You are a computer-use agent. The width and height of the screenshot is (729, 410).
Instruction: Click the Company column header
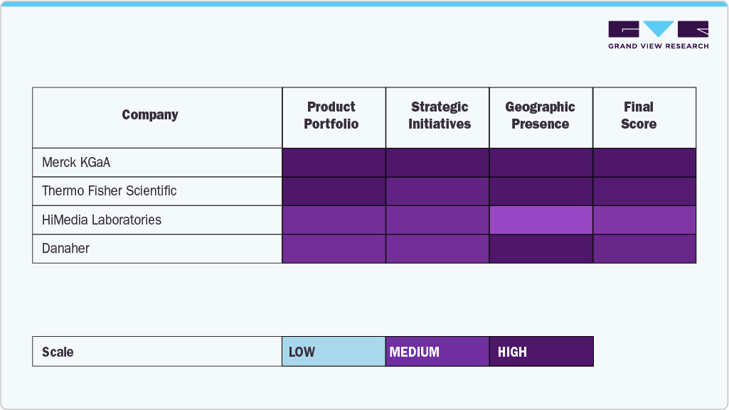150,115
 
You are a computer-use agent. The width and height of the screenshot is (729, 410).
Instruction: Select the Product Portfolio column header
331,115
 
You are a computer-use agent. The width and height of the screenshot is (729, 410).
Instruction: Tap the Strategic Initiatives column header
439,115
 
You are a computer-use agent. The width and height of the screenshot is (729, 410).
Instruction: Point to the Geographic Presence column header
541,115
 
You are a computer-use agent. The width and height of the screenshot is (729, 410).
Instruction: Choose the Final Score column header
639,115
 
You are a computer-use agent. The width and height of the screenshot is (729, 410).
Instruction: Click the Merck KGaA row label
76,163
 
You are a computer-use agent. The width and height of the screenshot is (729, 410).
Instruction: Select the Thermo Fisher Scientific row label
109,191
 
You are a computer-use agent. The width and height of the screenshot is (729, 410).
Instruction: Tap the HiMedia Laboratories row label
102,220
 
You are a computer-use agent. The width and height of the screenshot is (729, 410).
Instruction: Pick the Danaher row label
65,249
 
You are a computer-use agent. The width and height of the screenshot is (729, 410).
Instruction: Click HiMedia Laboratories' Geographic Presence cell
541,220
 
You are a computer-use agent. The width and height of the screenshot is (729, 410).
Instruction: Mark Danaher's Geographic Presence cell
541,249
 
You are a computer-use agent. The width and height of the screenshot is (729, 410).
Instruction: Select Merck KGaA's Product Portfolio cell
334,163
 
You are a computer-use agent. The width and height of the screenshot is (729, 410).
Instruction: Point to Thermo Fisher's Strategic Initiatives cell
437,191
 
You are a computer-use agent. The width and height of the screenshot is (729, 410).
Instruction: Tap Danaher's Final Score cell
644,249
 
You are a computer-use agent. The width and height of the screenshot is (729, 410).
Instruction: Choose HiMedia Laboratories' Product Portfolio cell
334,220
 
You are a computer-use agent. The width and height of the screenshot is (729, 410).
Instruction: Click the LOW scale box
334,352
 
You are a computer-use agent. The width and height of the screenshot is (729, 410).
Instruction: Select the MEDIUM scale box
437,352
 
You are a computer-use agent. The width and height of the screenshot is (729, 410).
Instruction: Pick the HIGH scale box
541,352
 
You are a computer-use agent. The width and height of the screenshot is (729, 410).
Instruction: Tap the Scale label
58,352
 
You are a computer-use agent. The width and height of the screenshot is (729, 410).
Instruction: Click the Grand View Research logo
658,35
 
